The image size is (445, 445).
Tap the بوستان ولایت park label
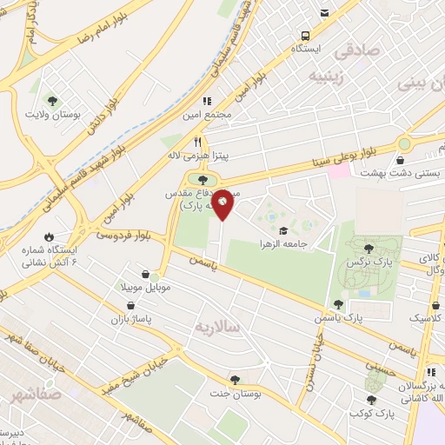[50, 114]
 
